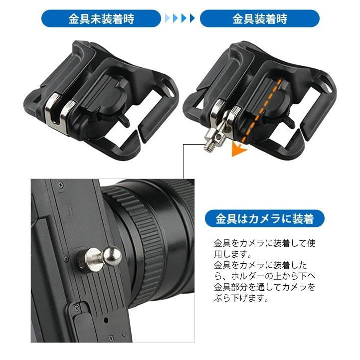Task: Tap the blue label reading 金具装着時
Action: click(259, 19)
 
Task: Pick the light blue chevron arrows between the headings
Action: click(180, 19)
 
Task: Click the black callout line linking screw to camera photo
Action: click(183, 160)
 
